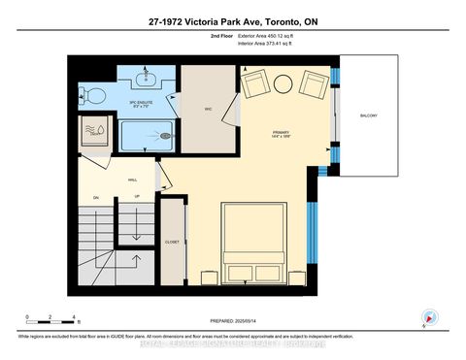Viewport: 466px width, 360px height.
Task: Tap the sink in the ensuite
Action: [x=148, y=77]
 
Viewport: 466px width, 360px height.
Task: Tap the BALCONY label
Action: [x=368, y=116]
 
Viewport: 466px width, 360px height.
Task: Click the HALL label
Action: [x=132, y=180]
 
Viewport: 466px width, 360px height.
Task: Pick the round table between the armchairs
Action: [x=284, y=84]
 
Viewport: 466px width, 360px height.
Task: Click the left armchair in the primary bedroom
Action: [x=254, y=84]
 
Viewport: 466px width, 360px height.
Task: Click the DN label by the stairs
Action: [x=96, y=198]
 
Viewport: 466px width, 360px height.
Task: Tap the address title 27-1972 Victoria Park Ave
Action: [x=233, y=21]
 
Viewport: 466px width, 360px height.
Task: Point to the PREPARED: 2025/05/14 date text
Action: [x=233, y=321]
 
